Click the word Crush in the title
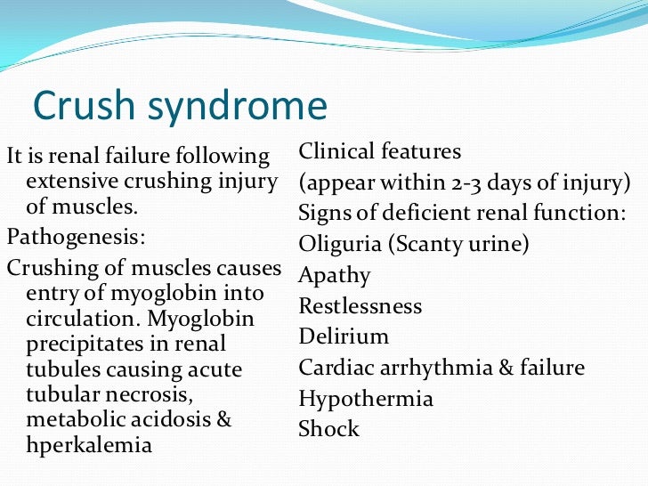coord(77,107)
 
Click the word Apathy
coord(335,275)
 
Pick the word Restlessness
coord(360,306)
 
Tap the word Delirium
coord(344,336)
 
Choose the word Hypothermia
coord(366,399)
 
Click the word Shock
coord(329,429)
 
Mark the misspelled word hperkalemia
coord(89,445)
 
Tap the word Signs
coord(323,214)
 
